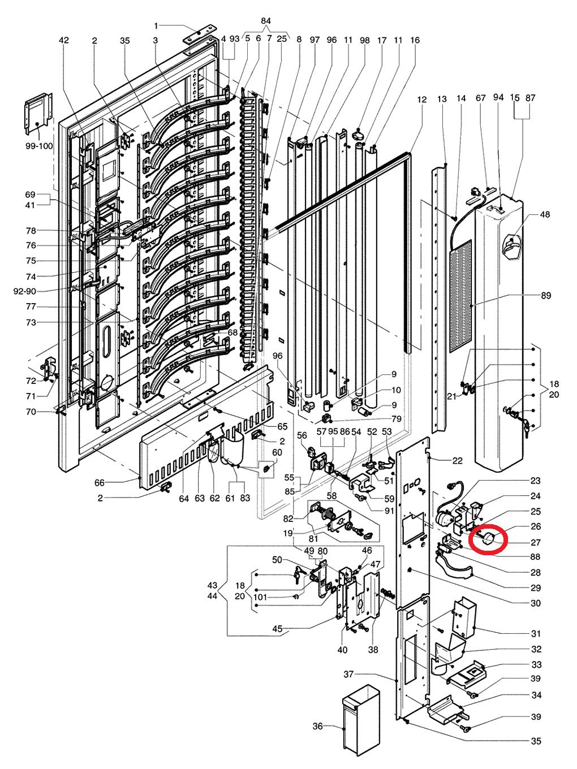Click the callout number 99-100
[39, 145]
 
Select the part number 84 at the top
[266, 21]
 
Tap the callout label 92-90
[24, 291]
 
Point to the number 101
[260, 597]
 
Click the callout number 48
[545, 214]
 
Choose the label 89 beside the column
[546, 295]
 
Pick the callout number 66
[100, 482]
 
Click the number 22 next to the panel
[458, 460]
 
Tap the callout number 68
[232, 332]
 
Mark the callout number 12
[422, 100]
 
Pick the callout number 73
[31, 322]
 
